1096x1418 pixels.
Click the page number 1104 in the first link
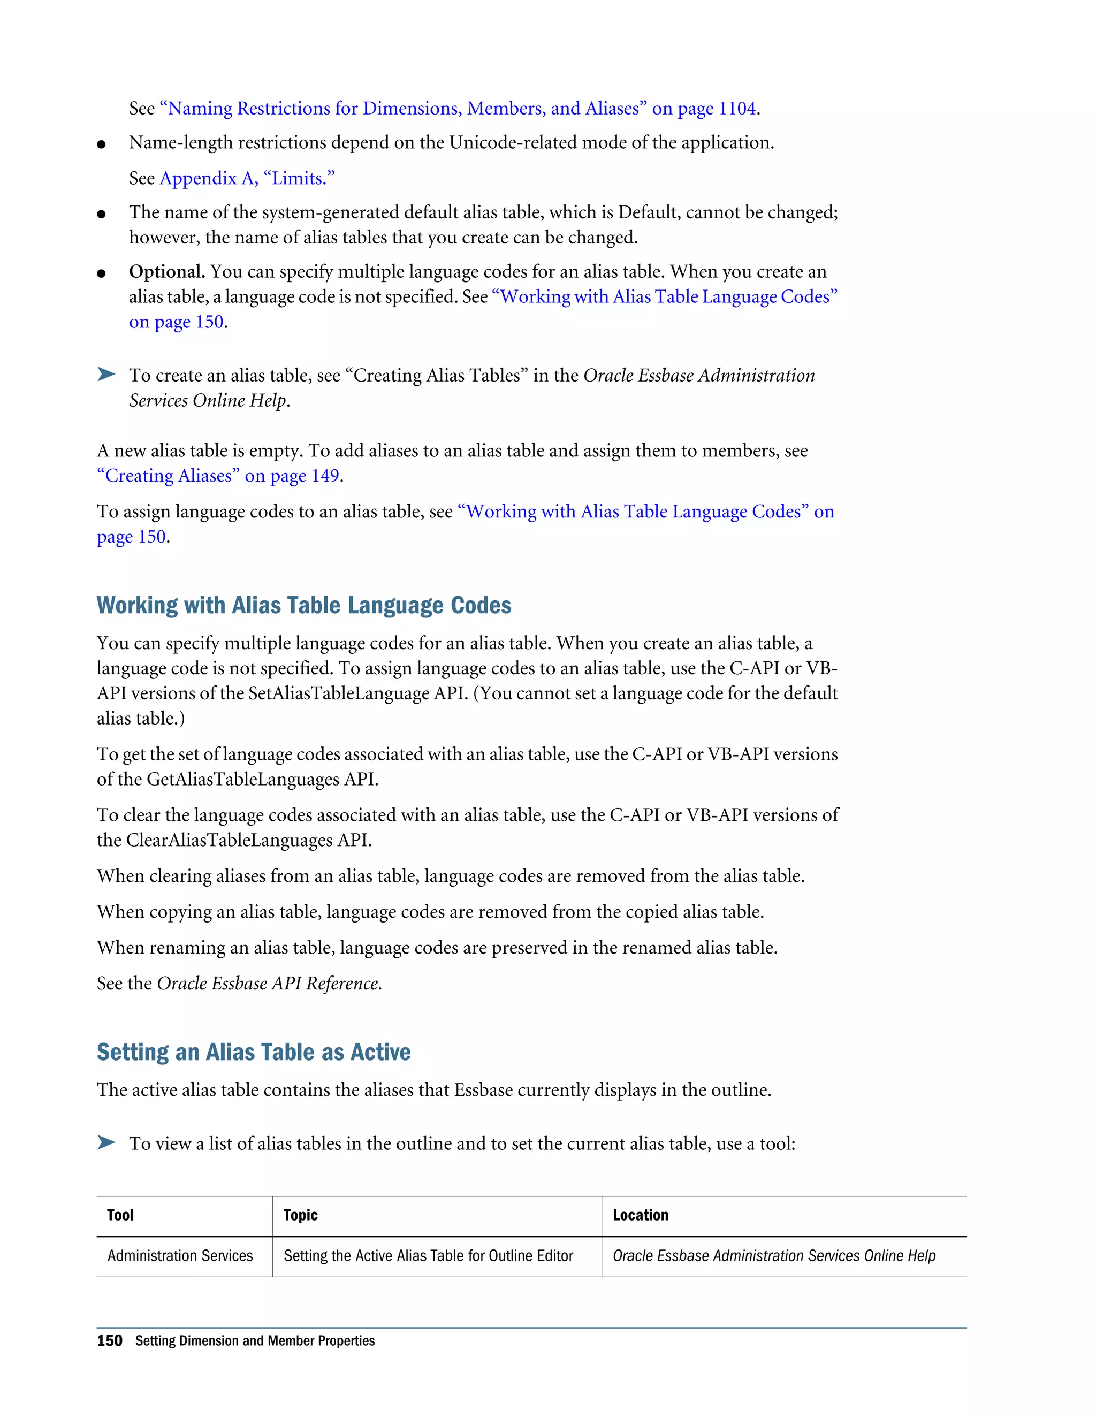(737, 109)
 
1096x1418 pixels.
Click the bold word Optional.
(167, 271)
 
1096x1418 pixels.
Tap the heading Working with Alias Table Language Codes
(304, 605)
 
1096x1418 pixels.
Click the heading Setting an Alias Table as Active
(253, 1052)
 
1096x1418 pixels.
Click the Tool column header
(121, 1215)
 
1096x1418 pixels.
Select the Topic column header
(300, 1215)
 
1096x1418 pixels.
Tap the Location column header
(640, 1215)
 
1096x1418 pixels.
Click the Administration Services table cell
(180, 1256)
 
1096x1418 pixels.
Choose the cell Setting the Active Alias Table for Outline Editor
(428, 1256)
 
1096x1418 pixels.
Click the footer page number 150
(109, 1341)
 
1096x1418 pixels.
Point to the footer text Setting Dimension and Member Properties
(255, 1341)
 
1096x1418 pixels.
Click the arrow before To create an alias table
(106, 374)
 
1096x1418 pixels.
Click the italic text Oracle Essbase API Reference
(268, 984)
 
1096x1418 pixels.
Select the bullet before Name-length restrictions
(101, 144)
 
